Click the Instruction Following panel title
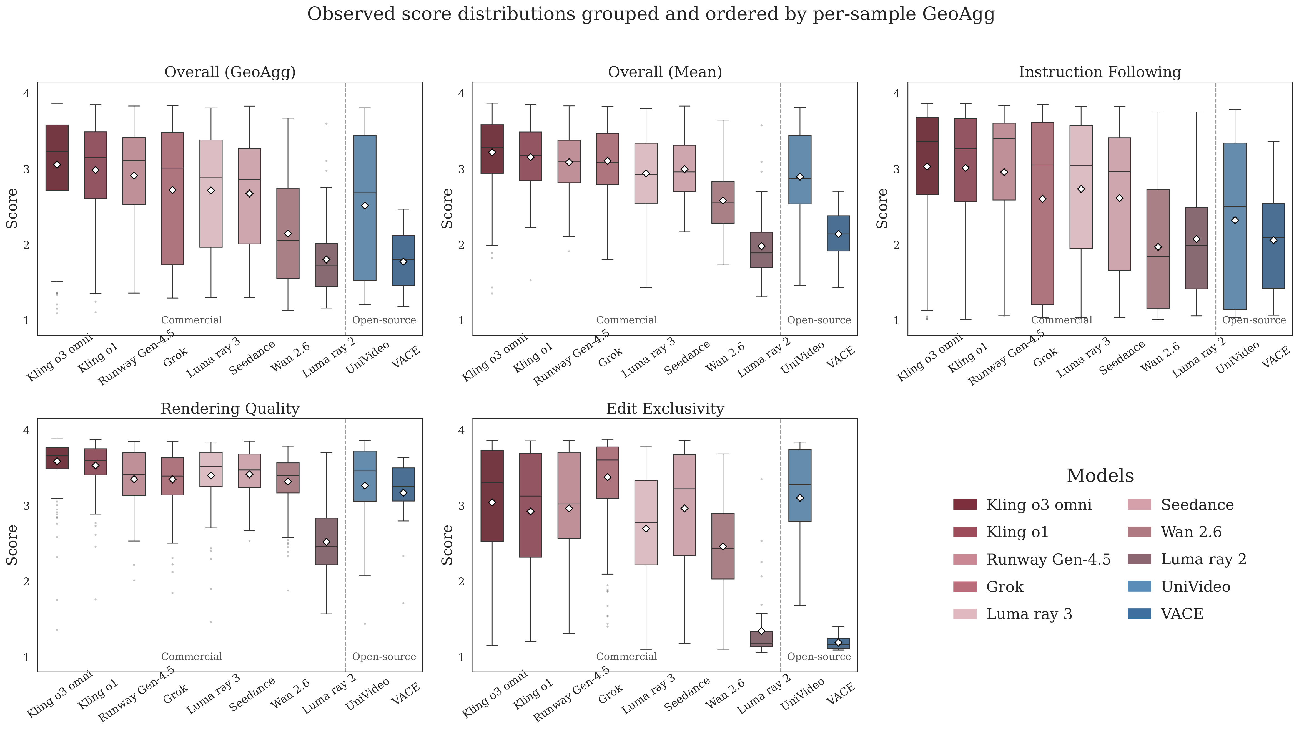(x=1100, y=72)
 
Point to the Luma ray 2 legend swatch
(x=1139, y=559)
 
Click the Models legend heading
(x=1100, y=475)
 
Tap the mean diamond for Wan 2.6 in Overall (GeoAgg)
(x=288, y=234)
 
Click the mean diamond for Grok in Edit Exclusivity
(x=608, y=477)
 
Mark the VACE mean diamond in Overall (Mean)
(x=838, y=234)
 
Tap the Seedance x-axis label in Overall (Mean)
(x=687, y=358)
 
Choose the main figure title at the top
(x=651, y=14)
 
